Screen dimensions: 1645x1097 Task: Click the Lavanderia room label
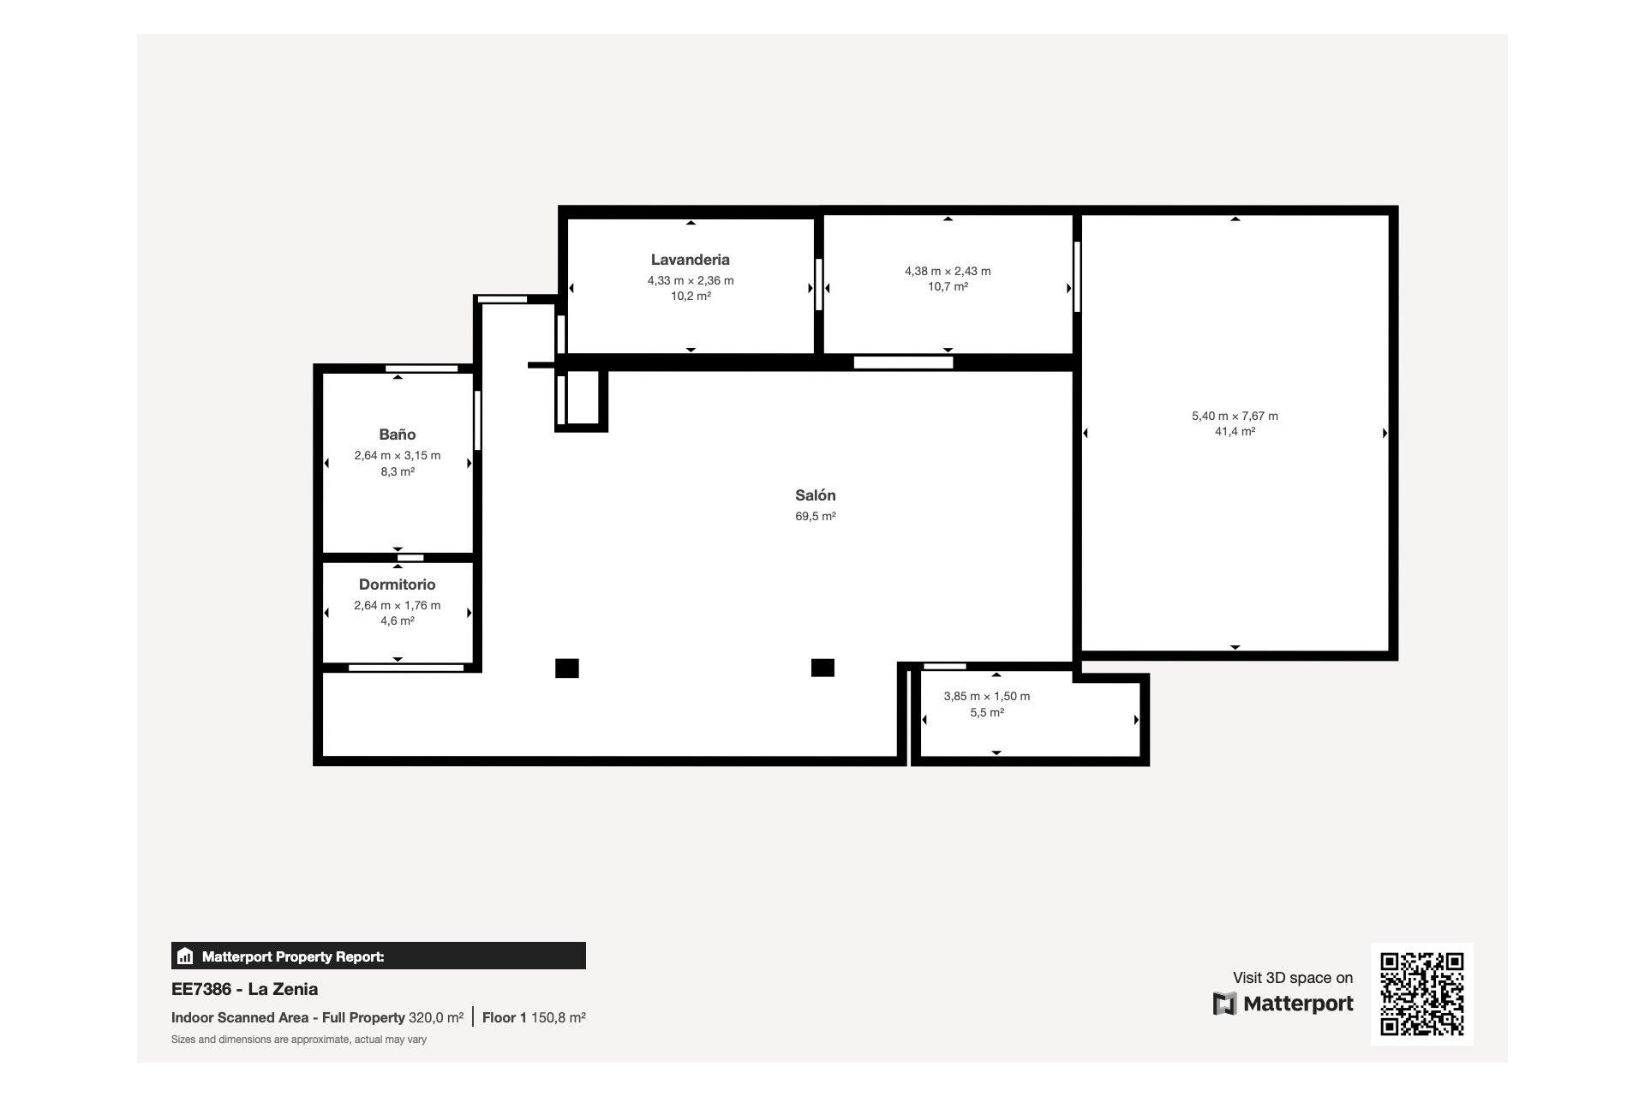tap(690, 260)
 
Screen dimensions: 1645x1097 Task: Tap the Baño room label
tap(398, 435)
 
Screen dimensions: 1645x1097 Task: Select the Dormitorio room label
tap(398, 584)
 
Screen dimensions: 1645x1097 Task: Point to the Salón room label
tap(816, 495)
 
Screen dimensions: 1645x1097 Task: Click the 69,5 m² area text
tap(816, 516)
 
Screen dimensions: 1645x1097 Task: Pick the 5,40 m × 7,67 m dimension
tap(1235, 416)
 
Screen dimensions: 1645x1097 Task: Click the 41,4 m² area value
tap(1235, 431)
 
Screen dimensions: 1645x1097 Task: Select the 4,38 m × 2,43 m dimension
tap(948, 271)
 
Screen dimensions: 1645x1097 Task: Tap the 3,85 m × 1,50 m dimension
tap(987, 696)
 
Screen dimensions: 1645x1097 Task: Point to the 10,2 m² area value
tap(691, 296)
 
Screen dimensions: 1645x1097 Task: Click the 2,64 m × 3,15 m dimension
tap(398, 455)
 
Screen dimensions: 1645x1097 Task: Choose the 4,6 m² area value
tap(398, 620)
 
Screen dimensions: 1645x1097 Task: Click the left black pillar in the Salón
tap(567, 668)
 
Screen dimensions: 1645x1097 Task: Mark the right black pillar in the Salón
tap(822, 668)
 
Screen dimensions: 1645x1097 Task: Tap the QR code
tap(1422, 994)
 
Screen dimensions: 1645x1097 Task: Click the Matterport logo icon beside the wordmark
tap(1224, 1004)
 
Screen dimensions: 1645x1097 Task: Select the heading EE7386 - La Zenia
tap(244, 989)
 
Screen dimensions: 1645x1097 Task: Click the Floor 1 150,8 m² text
tap(534, 1017)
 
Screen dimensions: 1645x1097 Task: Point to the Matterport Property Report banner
tap(379, 956)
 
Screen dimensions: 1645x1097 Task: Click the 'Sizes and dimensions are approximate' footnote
tap(299, 1040)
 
